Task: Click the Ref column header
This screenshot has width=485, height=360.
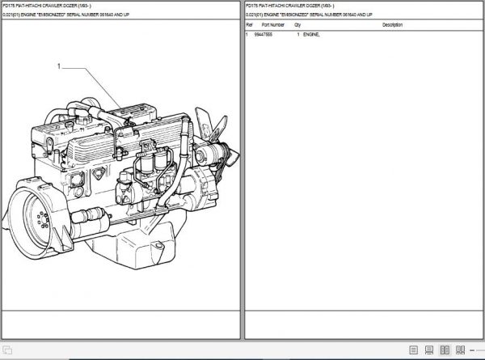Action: [249, 25]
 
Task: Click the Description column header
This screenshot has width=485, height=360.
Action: [393, 25]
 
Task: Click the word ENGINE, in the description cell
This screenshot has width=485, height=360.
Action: [312, 36]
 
